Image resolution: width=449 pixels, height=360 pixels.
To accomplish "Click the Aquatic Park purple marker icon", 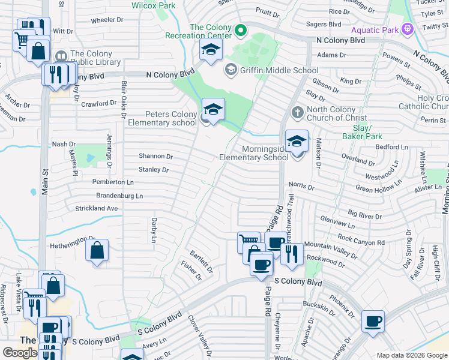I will [x=408, y=28].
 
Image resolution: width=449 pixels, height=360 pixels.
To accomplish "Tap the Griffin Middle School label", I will [x=279, y=70].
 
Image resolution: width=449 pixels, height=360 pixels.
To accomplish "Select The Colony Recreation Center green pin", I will [x=241, y=29].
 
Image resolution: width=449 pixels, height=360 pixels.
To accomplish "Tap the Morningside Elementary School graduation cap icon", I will [x=297, y=142].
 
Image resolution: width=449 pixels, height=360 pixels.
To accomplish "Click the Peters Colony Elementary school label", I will [x=162, y=118].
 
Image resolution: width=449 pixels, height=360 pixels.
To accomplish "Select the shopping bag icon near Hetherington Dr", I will [x=97, y=251].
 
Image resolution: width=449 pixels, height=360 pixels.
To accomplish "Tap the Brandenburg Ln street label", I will [x=119, y=196].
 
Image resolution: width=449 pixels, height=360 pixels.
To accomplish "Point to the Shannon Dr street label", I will [x=155, y=156].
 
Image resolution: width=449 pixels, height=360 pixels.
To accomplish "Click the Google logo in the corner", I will [x=20, y=353].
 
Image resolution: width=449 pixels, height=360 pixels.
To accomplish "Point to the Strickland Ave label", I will [x=96, y=208].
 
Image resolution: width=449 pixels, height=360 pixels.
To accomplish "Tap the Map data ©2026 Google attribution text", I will [x=412, y=355].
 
